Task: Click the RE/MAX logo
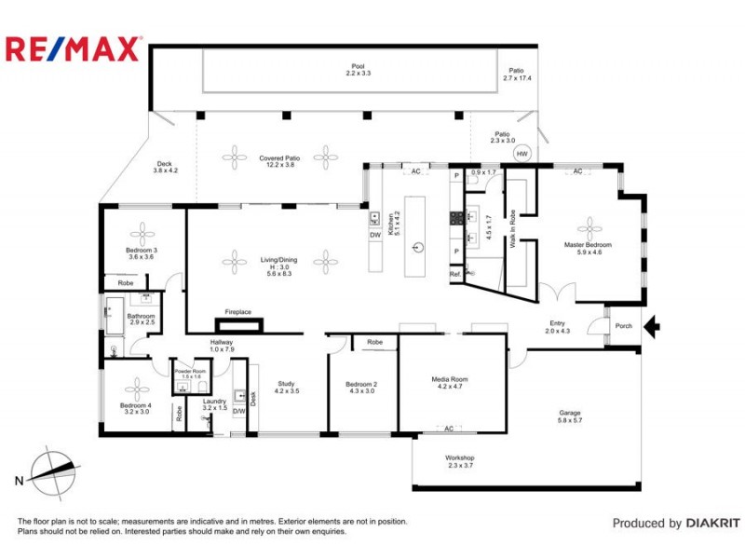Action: (x=74, y=49)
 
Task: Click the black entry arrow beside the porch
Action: (x=653, y=326)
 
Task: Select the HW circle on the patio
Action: (x=522, y=155)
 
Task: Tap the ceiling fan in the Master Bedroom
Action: (x=589, y=225)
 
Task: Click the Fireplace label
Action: (x=238, y=312)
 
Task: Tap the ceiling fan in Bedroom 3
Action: (x=142, y=230)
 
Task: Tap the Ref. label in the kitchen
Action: (x=455, y=275)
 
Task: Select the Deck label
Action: (x=164, y=167)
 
